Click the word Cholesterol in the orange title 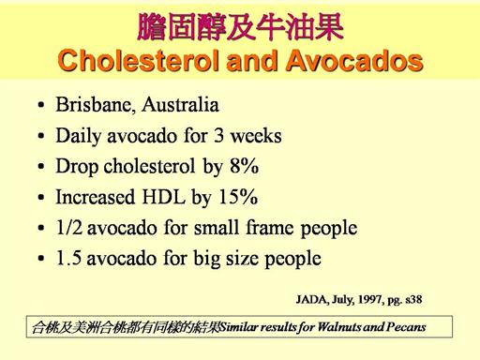point(140,60)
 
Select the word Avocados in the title point(354,60)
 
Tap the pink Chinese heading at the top point(240,27)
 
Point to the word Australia point(180,105)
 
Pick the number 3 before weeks point(218,136)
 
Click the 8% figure point(245,166)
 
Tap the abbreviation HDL point(164,197)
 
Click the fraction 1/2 point(69,228)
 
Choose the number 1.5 point(68,259)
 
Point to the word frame point(270,228)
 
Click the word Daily point(79,137)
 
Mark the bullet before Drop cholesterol point(41,167)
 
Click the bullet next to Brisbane point(41,105)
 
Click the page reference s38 point(413,300)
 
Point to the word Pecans point(406,327)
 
